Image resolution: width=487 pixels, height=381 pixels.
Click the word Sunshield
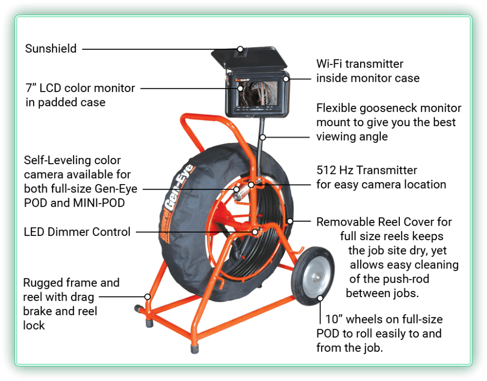(51, 49)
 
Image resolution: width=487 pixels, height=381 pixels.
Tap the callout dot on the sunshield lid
(240, 49)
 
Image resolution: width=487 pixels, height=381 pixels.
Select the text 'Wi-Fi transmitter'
(360, 64)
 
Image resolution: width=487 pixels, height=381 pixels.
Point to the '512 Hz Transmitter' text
(367, 170)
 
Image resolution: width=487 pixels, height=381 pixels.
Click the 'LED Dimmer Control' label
(77, 232)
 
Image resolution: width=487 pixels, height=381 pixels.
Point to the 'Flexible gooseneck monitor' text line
(389, 108)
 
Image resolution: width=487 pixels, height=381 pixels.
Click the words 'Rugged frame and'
(71, 283)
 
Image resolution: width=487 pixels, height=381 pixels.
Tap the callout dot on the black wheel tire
(320, 297)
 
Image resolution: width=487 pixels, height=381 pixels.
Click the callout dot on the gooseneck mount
(263, 137)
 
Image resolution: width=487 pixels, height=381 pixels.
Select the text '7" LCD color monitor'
(80, 88)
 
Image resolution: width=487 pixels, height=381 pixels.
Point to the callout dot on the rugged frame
(147, 296)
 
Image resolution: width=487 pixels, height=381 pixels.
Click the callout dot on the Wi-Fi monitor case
(286, 78)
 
